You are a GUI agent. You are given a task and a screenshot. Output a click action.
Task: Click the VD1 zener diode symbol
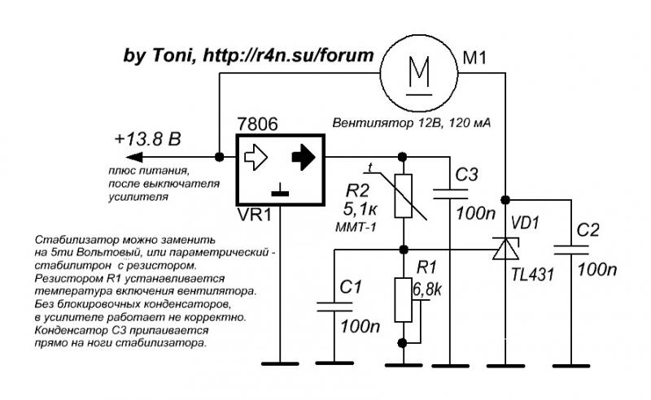(505, 248)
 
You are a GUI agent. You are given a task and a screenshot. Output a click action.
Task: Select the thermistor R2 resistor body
(402, 197)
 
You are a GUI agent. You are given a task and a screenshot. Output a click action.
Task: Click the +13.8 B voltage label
(147, 139)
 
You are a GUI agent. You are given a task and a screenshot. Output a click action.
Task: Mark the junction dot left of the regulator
(219, 157)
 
